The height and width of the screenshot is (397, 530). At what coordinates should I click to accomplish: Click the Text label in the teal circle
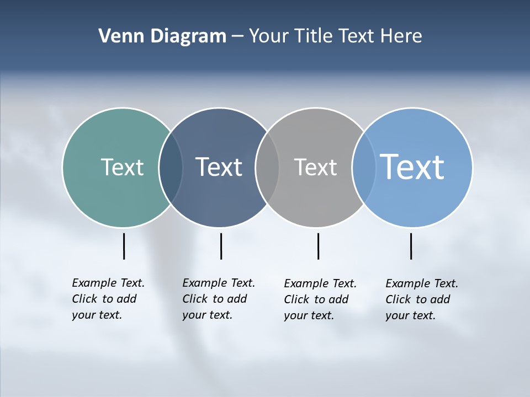tap(122, 167)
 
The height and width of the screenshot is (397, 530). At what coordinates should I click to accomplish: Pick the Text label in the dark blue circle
tap(219, 167)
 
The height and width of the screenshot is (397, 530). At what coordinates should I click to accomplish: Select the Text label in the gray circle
tap(315, 167)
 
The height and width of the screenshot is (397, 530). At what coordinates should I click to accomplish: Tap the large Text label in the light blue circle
tap(412, 167)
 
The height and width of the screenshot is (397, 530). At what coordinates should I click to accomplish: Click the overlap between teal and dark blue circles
tap(171, 168)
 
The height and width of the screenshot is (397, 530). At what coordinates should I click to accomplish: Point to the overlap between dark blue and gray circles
tap(267, 168)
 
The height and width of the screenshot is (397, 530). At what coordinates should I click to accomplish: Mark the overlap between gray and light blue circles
tap(363, 168)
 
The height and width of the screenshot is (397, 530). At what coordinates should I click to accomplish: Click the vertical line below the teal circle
tap(124, 246)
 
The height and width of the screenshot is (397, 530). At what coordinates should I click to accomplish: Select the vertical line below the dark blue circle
tap(221, 246)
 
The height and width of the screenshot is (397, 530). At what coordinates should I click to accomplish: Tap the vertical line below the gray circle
tap(318, 246)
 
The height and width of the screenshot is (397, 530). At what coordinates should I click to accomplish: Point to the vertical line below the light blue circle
tap(411, 246)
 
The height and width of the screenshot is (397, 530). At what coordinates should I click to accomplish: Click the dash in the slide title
tap(237, 37)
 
